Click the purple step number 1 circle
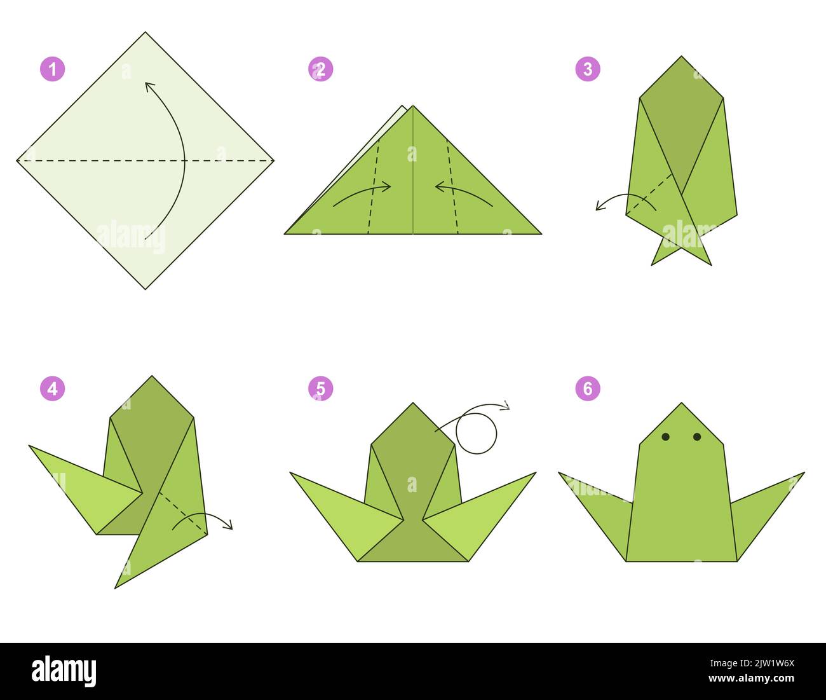pos(53,69)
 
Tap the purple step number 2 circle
pos(321,69)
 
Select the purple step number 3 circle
pos(588,69)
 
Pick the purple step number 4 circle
pos(53,388)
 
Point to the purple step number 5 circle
pos(321,388)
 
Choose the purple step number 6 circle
pos(588,388)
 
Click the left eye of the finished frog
pos(666,437)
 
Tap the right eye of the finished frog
pos(697,437)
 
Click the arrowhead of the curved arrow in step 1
pos(149,86)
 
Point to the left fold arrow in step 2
pos(362,193)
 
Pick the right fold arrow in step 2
pos(464,193)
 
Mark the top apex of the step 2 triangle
pos(413,106)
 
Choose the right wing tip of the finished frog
pos(802,474)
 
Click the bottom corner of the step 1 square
pos(146,288)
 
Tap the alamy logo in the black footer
pos(64,671)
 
